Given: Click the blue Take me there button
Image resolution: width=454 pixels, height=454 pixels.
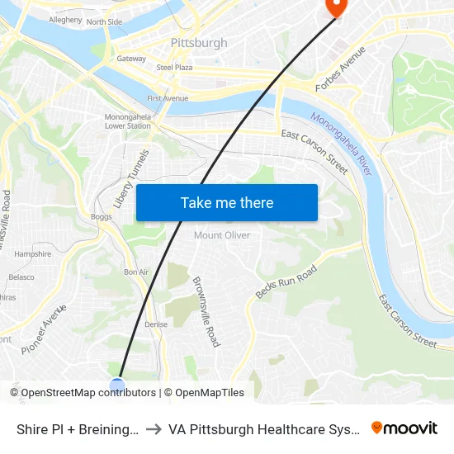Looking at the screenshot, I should click(x=227, y=203).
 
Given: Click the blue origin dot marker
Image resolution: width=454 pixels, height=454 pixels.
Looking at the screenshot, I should click(x=117, y=385).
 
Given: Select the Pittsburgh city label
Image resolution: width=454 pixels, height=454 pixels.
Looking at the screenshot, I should click(x=198, y=42).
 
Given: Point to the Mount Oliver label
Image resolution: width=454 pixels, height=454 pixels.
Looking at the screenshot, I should click(x=222, y=235).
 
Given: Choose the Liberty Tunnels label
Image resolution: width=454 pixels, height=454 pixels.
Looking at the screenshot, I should click(x=132, y=178).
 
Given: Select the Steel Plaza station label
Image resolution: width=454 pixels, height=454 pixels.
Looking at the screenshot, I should click(x=174, y=68).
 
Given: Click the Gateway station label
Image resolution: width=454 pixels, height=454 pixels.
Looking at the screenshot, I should click(x=131, y=59).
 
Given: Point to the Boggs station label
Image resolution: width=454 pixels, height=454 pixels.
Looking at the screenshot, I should click(x=102, y=217).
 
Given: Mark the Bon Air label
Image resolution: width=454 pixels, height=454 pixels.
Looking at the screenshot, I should click(x=135, y=272).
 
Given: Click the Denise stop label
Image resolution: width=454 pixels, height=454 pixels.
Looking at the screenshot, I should click(x=155, y=324).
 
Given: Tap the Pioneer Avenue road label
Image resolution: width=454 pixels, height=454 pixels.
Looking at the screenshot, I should click(x=44, y=329).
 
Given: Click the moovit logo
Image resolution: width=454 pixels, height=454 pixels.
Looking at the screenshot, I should click(x=404, y=428).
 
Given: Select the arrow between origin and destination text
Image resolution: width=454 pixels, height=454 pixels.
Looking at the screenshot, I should click(x=154, y=429).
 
